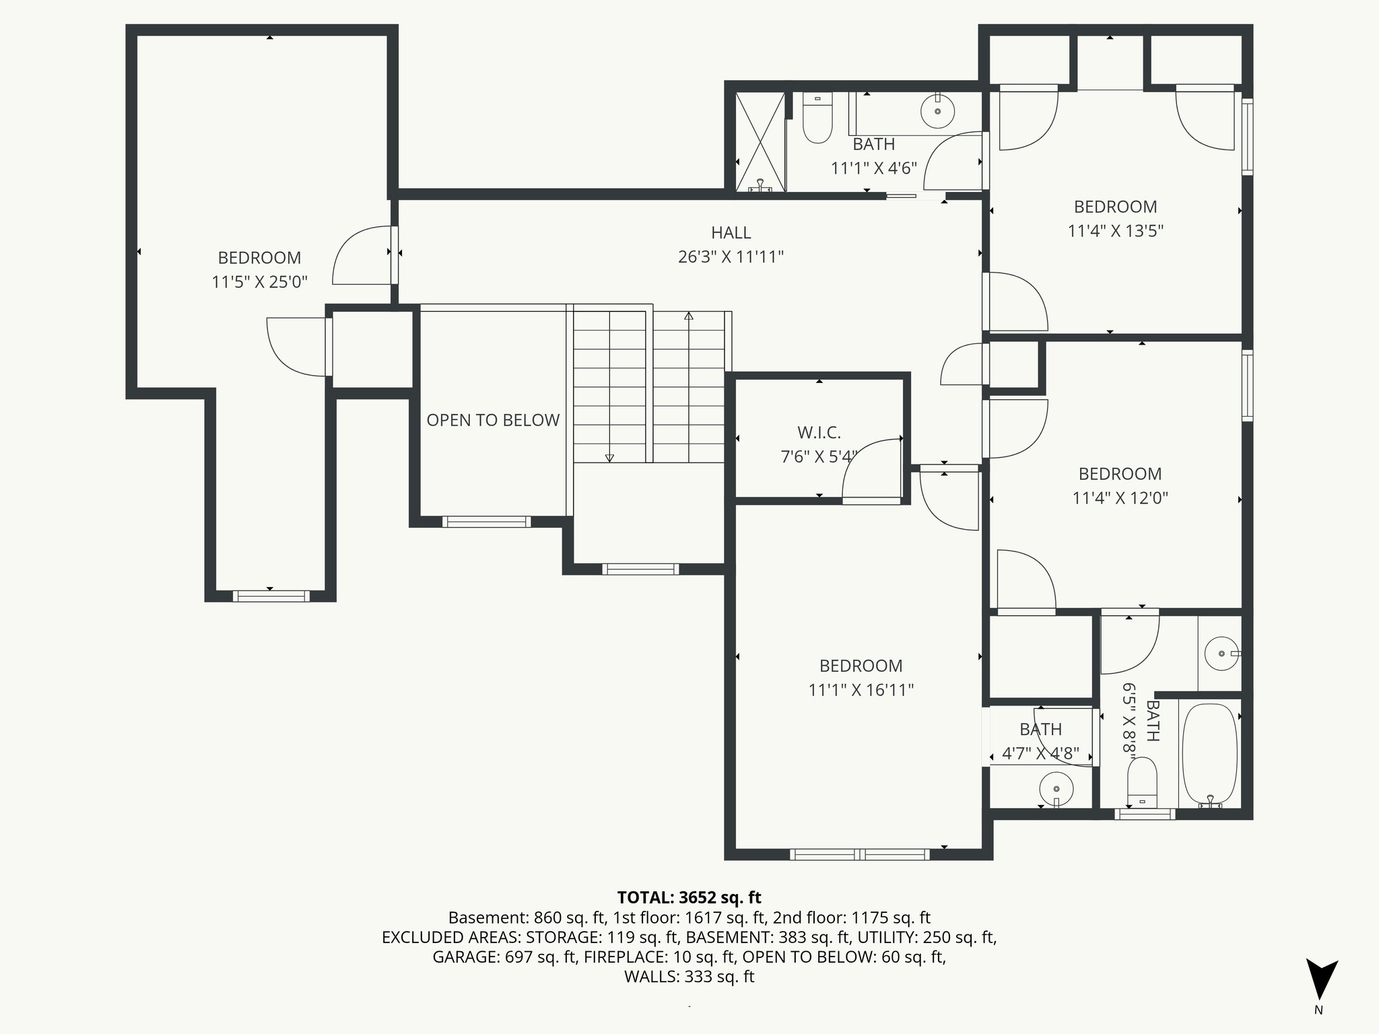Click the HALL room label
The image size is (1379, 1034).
pyautogui.click(x=731, y=233)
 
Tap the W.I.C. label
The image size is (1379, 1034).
pyautogui.click(x=819, y=432)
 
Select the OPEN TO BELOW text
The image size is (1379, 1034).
pyautogui.click(x=493, y=420)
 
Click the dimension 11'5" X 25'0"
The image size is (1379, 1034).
pyautogui.click(x=259, y=282)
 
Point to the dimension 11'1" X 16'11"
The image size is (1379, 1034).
pyautogui.click(x=861, y=690)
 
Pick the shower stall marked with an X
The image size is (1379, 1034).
pyautogui.click(x=760, y=142)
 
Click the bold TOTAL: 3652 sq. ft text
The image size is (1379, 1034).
pyautogui.click(x=689, y=897)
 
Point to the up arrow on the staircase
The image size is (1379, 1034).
pyautogui.click(x=688, y=316)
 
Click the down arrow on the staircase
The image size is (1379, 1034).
pyautogui.click(x=609, y=457)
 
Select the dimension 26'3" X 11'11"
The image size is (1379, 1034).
pyautogui.click(x=731, y=257)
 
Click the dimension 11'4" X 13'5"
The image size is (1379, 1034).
pyautogui.click(x=1115, y=231)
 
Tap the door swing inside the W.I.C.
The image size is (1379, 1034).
pyautogui.click(x=870, y=469)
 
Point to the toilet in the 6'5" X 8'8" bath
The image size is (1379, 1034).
pyautogui.click(x=1141, y=782)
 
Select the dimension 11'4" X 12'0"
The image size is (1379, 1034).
pyautogui.click(x=1120, y=498)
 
